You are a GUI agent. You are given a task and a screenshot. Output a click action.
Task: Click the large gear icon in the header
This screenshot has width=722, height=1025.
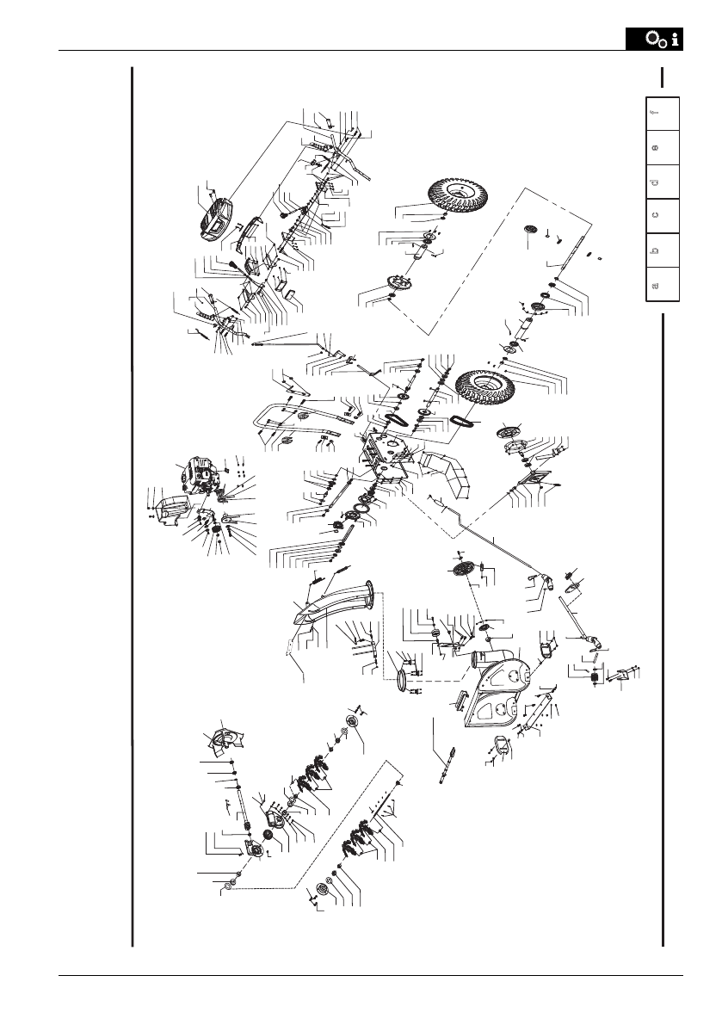pos(655,39)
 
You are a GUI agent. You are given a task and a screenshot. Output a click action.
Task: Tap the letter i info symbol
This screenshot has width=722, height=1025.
pos(676,40)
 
